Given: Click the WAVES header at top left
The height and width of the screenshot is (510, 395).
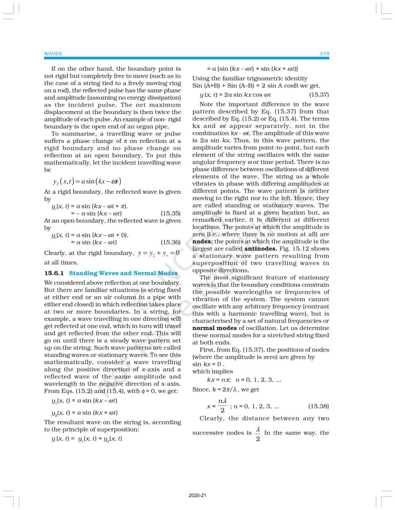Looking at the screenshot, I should tap(53, 53).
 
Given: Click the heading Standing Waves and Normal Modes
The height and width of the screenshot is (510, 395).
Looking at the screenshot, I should tap(123, 273).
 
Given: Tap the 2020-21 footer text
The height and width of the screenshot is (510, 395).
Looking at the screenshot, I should tap(197, 496).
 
